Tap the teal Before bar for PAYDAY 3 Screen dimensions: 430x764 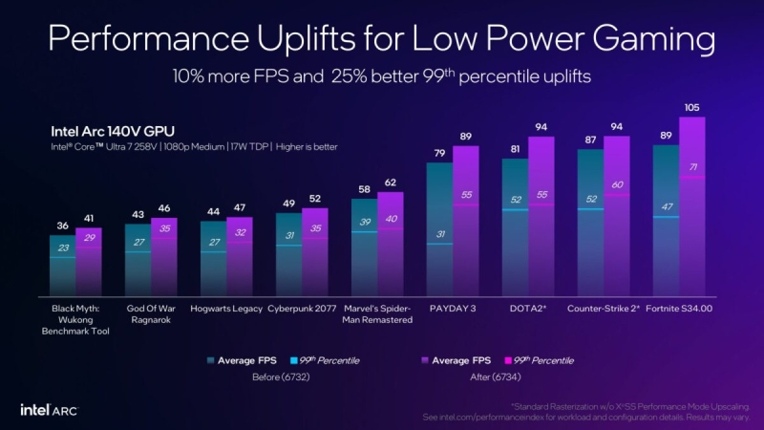(x=439, y=229)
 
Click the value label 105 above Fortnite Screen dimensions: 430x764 (x=692, y=107)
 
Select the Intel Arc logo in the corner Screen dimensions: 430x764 (x=49, y=409)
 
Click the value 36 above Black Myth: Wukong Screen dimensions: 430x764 (x=62, y=226)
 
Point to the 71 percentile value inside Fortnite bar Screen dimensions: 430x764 (x=691, y=167)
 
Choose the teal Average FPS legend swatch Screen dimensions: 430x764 (x=210, y=360)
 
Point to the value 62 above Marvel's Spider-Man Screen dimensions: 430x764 (x=390, y=182)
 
